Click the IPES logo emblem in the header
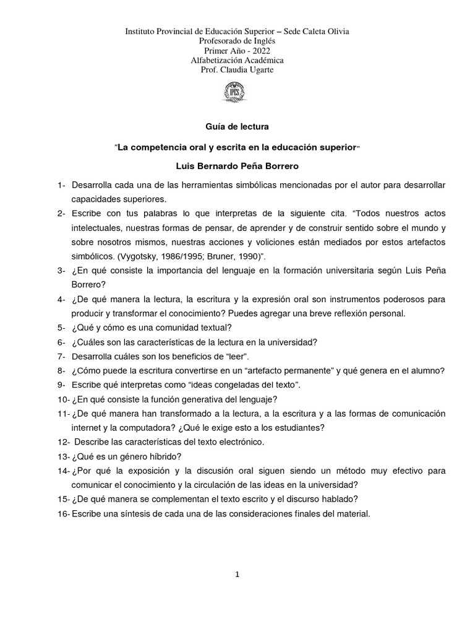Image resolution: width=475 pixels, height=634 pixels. click(237, 93)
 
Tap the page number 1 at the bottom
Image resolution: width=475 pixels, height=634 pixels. click(237, 575)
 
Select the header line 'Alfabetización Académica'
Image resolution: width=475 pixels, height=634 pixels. click(237, 59)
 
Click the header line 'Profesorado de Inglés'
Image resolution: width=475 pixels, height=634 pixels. click(237, 40)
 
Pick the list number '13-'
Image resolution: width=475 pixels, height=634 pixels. click(63, 456)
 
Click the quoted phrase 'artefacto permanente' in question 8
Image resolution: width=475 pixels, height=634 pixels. click(287, 371)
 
